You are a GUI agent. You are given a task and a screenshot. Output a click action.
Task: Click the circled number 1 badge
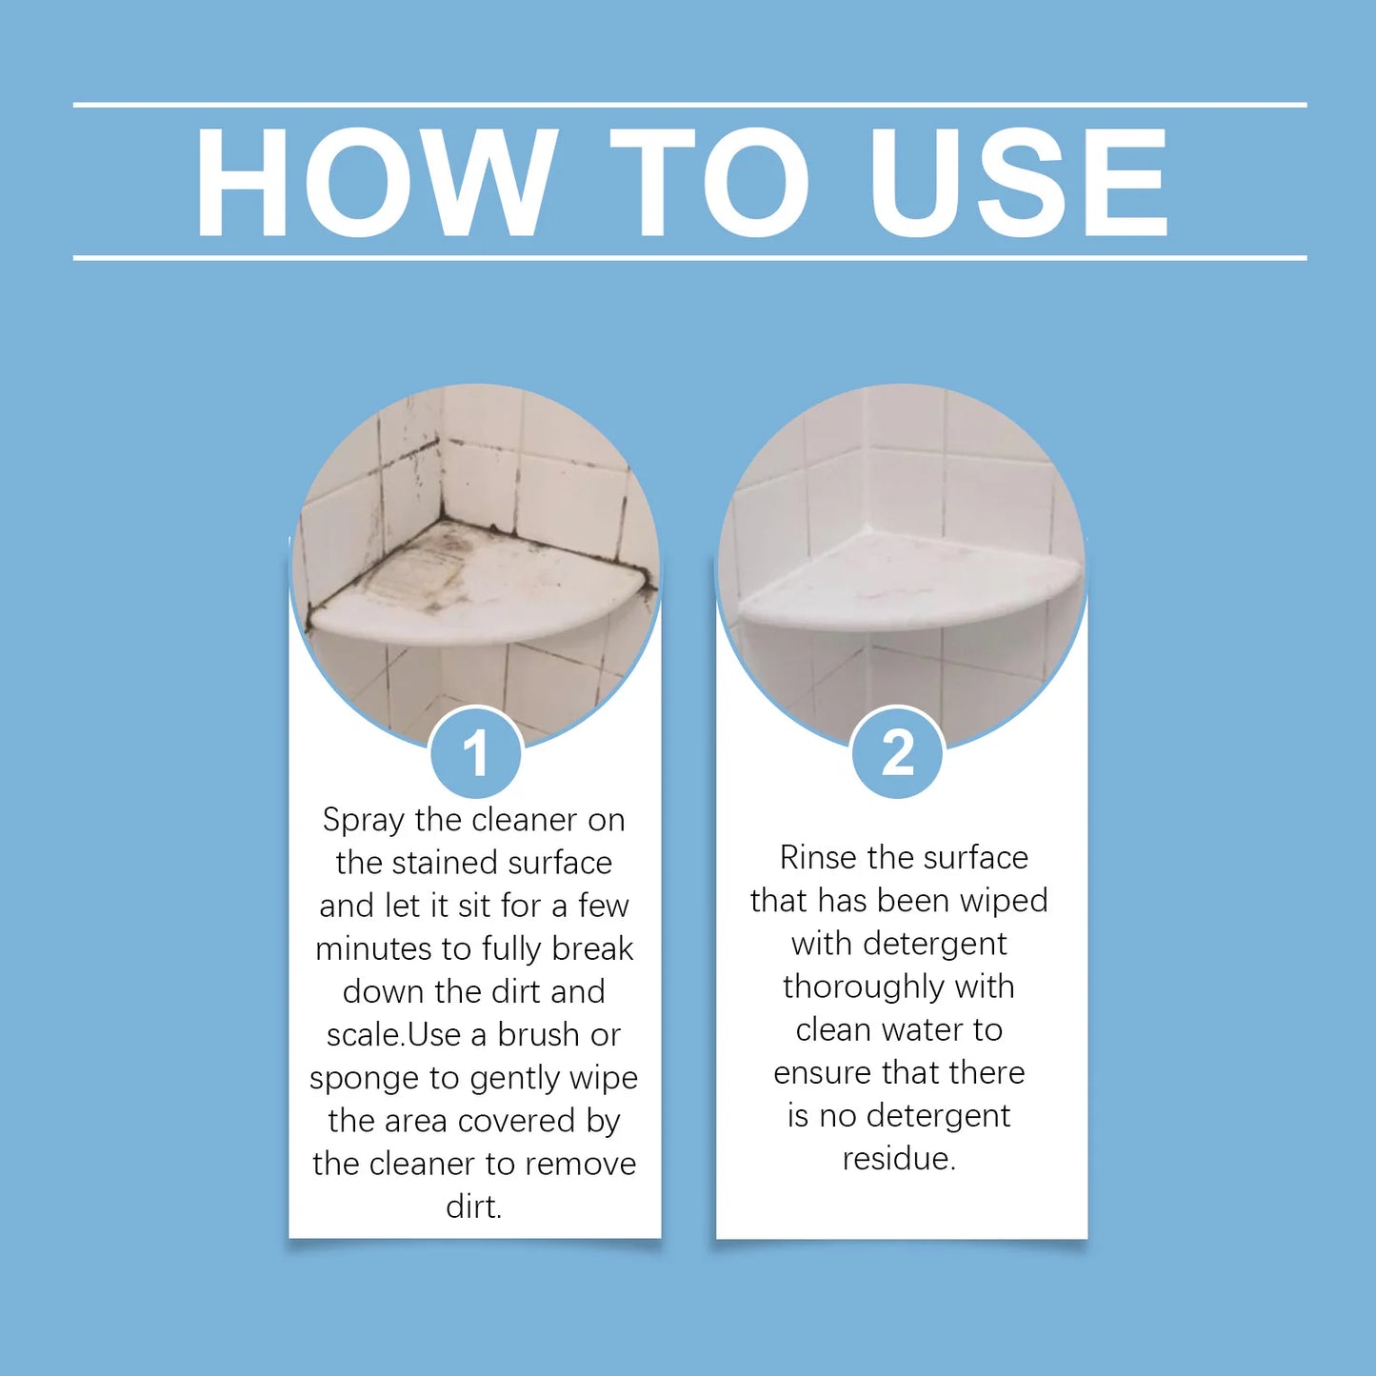tap(475, 753)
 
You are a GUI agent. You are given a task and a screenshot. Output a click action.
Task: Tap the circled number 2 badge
tap(897, 753)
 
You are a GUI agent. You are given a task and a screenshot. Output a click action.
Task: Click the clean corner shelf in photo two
tap(905, 586)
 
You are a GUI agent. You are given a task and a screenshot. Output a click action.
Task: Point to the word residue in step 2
tap(898, 1159)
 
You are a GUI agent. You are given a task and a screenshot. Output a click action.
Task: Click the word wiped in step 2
tap(1003, 900)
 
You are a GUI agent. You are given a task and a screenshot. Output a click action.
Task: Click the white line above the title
tap(689, 105)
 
